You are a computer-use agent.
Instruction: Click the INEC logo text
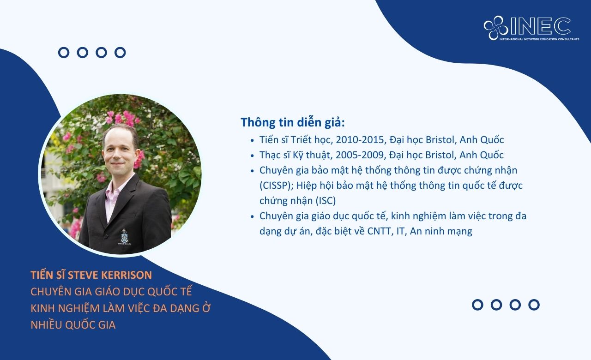(x=540, y=26)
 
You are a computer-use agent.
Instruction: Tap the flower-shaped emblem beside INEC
(x=496, y=28)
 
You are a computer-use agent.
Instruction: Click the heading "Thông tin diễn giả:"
(x=293, y=123)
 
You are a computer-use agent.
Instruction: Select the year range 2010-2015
(x=361, y=140)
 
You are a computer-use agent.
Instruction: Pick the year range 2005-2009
(x=361, y=155)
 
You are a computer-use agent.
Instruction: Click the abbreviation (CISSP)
(x=277, y=186)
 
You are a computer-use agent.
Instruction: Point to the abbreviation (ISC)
(x=326, y=201)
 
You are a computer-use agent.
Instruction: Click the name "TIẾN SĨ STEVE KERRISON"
(x=91, y=275)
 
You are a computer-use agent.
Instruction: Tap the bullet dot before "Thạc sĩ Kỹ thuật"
(x=252, y=156)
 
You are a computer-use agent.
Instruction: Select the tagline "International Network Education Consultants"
(x=539, y=39)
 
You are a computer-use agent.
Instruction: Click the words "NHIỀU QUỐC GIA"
(x=73, y=325)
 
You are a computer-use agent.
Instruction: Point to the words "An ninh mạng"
(x=441, y=232)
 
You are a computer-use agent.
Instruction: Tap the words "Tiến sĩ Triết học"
(x=295, y=140)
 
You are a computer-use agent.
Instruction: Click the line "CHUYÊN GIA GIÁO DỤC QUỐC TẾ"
(x=111, y=292)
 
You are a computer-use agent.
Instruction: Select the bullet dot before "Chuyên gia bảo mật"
(x=252, y=171)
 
